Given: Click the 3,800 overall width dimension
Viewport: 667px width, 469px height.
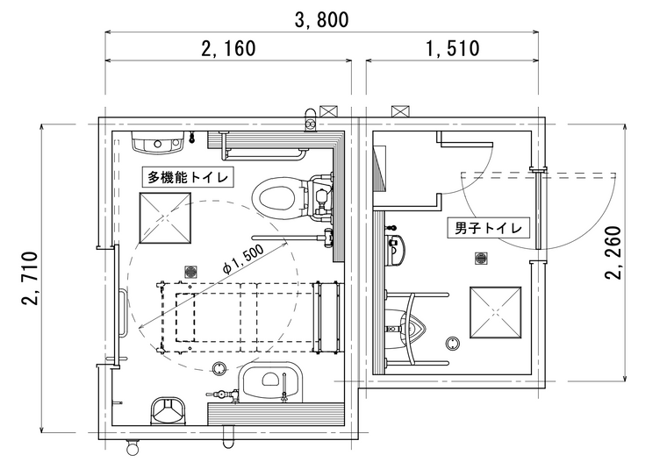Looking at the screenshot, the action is (321, 19).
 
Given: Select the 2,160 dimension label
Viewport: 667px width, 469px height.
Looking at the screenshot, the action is (228, 48).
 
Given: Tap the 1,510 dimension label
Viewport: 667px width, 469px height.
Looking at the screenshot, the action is (452, 48).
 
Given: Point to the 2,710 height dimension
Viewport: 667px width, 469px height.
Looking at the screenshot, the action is (31, 278).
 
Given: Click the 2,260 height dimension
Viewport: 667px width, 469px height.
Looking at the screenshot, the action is (613, 252).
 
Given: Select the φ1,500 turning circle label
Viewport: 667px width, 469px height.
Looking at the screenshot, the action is (243, 260).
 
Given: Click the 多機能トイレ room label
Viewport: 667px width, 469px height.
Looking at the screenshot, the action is (188, 177).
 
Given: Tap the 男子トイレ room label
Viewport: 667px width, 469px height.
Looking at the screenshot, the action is (488, 228).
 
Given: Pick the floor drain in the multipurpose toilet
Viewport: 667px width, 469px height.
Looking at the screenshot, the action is (191, 272).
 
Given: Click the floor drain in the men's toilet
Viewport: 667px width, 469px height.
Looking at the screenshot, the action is (481, 259).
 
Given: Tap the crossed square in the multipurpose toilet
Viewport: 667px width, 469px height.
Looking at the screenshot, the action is (165, 218).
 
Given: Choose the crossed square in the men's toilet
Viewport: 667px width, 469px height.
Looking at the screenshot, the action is (496, 313).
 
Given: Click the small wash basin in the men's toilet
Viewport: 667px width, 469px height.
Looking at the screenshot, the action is (395, 250).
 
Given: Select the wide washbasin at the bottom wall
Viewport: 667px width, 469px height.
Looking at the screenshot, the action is (270, 380).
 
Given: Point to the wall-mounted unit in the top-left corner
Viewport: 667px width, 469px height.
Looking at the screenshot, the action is (157, 142).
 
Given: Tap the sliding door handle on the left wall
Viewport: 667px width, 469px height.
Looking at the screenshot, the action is (124, 312).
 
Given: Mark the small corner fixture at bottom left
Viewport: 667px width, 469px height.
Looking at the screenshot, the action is (169, 411).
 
